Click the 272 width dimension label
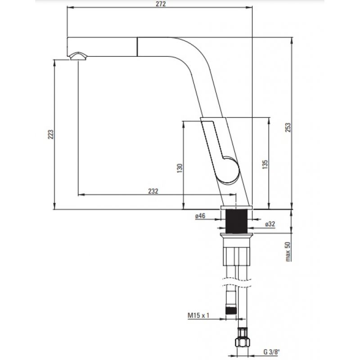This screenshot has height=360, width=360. (161, 4)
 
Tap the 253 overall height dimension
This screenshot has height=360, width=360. (288, 127)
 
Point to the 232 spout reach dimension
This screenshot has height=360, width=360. (153, 191)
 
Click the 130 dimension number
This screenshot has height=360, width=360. (180, 168)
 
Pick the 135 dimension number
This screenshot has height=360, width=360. (265, 165)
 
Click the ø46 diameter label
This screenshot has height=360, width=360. (200, 216)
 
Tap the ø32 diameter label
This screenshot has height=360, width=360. (270, 224)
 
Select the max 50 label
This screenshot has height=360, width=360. (288, 252)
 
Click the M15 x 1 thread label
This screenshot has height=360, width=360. (198, 315)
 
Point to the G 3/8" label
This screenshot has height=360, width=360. (272, 352)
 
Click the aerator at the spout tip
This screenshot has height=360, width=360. (78, 56)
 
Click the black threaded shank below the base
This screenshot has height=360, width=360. (237, 221)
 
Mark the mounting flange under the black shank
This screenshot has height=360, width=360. (237, 235)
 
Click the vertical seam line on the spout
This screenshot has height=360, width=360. (137, 47)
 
